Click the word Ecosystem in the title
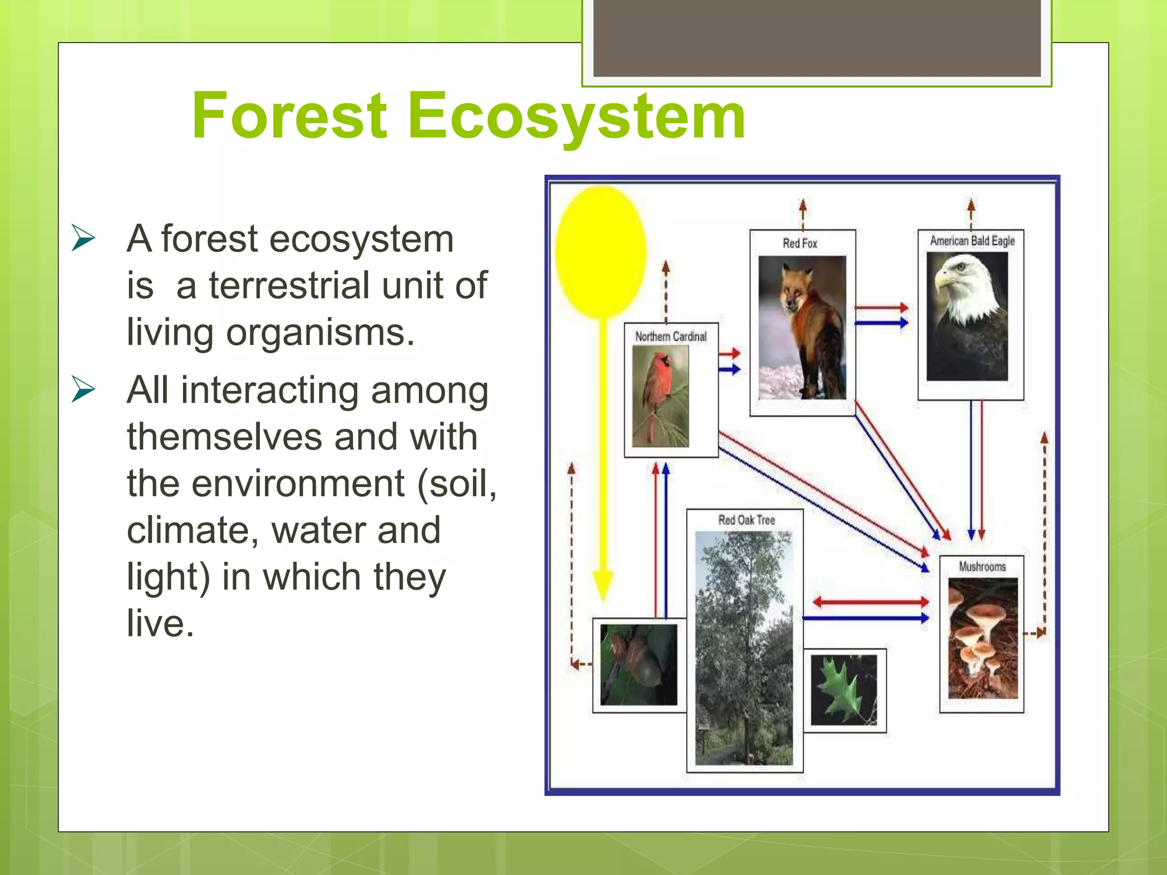coord(577,117)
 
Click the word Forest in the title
coord(289,117)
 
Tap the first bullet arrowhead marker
coord(83,238)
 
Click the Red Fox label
coord(799,243)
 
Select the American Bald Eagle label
coord(972,241)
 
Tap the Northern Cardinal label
coord(671,337)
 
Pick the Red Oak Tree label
coord(746,520)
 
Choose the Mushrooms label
coord(982,566)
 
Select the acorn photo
coord(638,664)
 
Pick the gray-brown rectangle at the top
coord(817,38)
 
